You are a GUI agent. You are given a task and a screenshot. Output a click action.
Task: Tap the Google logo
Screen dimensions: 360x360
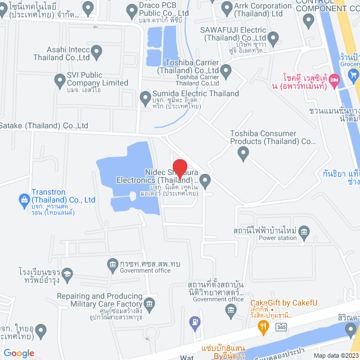click(x=19, y=353)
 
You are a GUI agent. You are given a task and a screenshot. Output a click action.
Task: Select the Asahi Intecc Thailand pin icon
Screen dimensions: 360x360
click(x=96, y=53)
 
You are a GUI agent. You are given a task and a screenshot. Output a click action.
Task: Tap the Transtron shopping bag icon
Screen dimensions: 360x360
click(x=24, y=199)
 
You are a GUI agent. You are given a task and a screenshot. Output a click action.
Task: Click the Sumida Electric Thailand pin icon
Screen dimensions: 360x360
click(x=146, y=98)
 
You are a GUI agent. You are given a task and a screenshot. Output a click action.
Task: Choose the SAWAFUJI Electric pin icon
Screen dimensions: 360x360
click(x=273, y=38)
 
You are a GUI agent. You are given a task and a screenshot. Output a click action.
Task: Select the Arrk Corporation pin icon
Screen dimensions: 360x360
click(x=227, y=8)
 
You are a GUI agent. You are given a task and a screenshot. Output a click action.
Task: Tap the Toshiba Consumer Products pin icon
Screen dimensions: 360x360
click(x=243, y=152)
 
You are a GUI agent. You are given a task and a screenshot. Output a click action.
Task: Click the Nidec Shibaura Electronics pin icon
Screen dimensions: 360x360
click(x=205, y=181)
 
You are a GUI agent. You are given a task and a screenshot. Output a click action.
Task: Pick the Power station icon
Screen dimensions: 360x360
click(x=304, y=231)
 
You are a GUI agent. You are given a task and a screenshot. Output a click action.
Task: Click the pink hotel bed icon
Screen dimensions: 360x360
click(x=334, y=81)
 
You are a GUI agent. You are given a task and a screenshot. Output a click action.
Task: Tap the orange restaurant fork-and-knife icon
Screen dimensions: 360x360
click(x=262, y=325)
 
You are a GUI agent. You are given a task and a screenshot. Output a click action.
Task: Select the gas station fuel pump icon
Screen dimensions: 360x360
click(x=195, y=322)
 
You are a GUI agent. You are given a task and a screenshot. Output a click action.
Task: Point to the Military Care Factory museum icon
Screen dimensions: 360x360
click(x=150, y=304)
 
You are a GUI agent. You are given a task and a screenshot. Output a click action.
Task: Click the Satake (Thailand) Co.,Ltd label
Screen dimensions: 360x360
click(x=44, y=125)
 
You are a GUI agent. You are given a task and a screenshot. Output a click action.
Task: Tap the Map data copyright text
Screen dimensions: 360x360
click(x=335, y=355)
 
